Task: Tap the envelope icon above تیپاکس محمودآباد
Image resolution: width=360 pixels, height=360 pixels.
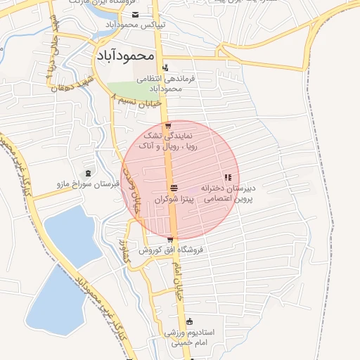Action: (x=136, y=15)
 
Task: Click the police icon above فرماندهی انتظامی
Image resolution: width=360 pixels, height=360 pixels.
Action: (x=165, y=68)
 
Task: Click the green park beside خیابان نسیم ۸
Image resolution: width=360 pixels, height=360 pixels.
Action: (x=134, y=90)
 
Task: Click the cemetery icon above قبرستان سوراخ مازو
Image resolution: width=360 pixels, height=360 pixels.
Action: (x=88, y=173)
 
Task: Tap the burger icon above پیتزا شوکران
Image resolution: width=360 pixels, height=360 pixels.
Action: (x=173, y=188)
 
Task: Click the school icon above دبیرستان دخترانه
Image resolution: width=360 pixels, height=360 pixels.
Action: (x=227, y=178)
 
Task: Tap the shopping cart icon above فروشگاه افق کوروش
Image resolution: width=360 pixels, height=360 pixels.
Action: (x=169, y=240)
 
